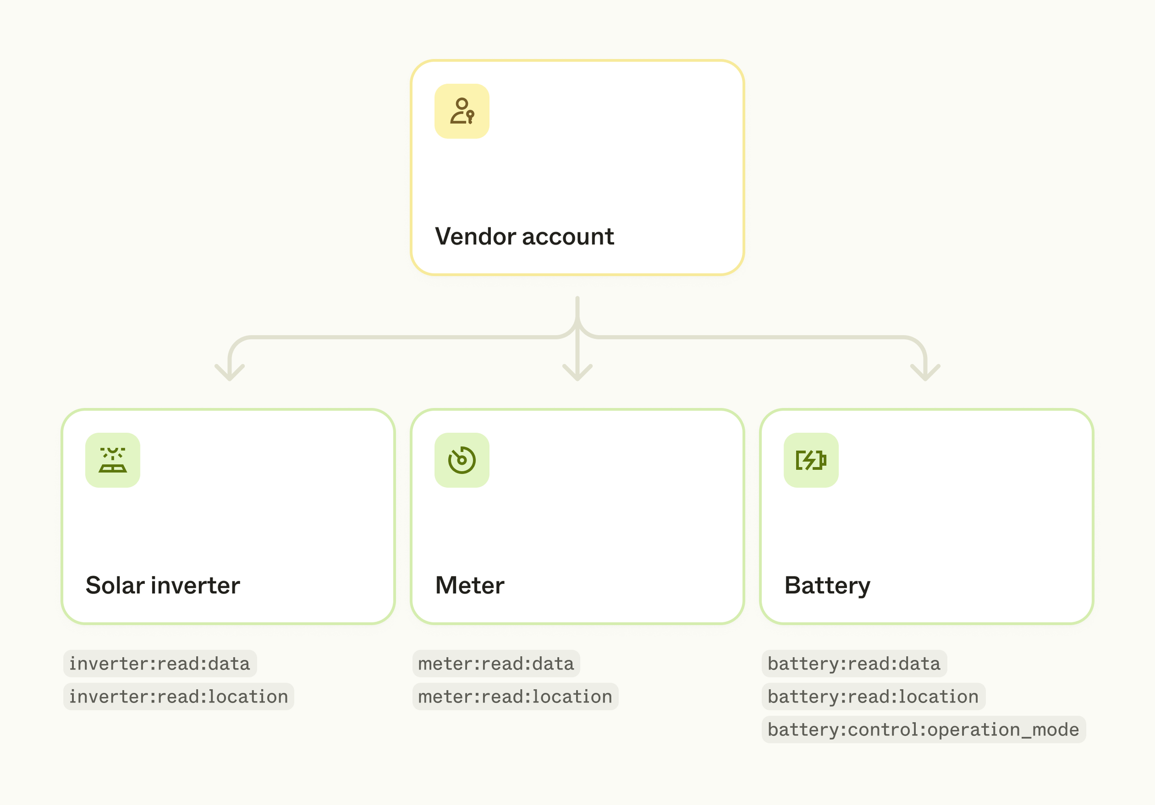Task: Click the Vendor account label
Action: [524, 236]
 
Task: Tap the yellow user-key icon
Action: [462, 111]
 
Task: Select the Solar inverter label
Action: [163, 585]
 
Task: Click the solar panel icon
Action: [113, 460]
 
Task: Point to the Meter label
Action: [469, 585]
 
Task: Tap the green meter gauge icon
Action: [462, 460]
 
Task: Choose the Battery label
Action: [827, 585]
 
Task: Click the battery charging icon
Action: [811, 460]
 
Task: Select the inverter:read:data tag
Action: [159, 664]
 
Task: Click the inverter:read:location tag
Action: [179, 697]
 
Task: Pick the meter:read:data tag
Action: [496, 664]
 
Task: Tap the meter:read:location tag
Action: [515, 697]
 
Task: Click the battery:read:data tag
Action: [854, 664]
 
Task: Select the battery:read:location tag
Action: [873, 697]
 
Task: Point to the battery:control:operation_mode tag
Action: [924, 730]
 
